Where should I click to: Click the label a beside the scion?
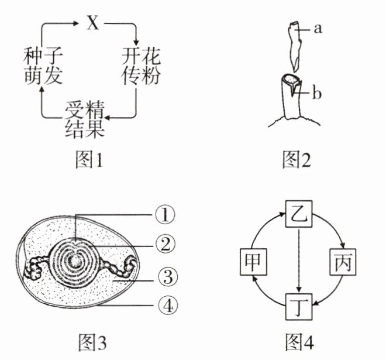318,29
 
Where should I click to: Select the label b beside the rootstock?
318,94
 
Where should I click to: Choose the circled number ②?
164,245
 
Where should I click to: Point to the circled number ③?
164,275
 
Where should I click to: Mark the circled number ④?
164,304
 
